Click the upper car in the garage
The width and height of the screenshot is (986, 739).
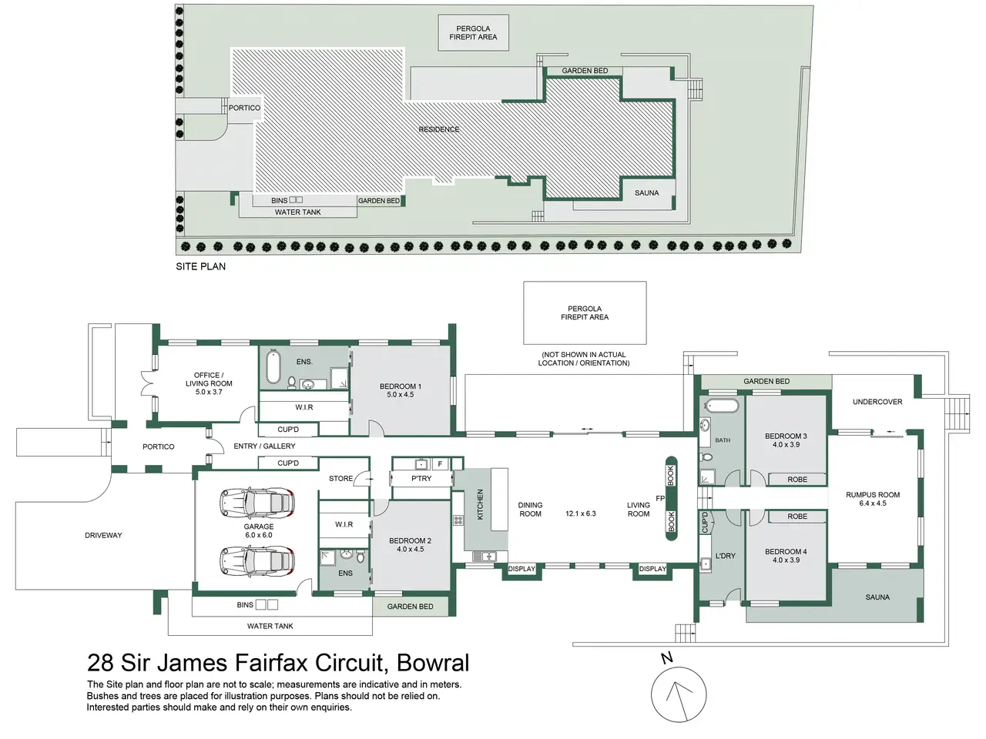coord(257,503)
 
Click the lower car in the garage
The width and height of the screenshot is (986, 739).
coord(257,561)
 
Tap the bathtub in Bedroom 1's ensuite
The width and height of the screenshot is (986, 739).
coord(273,366)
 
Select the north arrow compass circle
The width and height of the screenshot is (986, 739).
coord(679,694)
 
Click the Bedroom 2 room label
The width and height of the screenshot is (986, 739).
coord(410,545)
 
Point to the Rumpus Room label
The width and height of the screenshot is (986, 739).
coord(873,499)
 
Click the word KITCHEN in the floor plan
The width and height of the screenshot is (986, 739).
coord(480,504)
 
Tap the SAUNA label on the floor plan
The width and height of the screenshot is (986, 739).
coord(877,597)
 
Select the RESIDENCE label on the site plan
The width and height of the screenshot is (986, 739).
coord(439,129)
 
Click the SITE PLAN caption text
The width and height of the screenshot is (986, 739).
coord(201,266)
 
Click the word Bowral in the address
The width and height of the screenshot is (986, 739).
coord(433,663)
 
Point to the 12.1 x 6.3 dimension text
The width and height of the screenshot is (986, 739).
coord(580,513)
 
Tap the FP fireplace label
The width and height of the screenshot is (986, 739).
coord(660,498)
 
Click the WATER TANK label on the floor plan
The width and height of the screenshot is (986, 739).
coord(270,626)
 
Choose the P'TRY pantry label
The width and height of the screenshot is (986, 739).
coord(421,478)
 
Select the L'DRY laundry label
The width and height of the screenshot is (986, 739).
coord(725,556)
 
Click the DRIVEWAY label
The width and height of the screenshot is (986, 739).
coord(103,535)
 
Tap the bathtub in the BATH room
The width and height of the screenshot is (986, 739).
coord(722,406)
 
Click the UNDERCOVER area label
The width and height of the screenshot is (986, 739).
coord(877,402)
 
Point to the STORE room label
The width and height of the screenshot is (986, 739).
coord(341,478)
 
